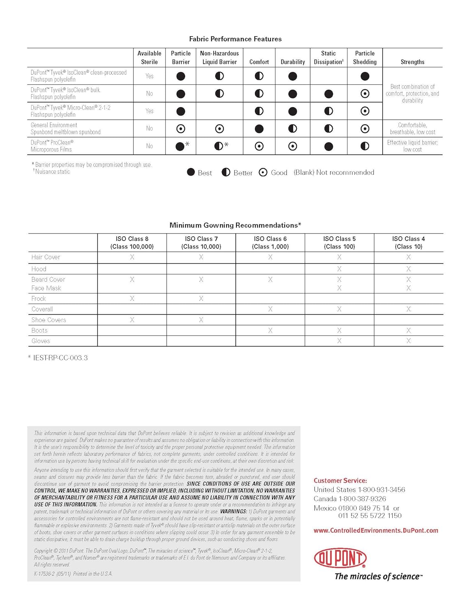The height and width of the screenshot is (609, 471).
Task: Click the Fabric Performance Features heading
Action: (x=235, y=39)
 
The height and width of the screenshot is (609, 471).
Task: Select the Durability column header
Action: (x=293, y=62)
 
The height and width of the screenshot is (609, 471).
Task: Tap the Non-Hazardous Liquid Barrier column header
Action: (x=219, y=58)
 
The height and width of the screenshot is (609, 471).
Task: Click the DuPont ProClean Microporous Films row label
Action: (x=52, y=146)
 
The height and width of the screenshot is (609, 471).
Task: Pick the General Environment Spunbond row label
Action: (x=65, y=129)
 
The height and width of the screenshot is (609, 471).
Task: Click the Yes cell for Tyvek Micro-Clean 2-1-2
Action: (x=150, y=111)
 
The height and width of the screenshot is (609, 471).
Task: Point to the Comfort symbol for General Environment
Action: (x=259, y=129)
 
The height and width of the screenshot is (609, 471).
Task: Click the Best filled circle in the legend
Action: (x=191, y=172)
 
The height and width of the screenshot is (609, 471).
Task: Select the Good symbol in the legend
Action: (x=263, y=173)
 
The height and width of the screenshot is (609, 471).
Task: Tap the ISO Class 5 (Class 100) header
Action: (x=339, y=243)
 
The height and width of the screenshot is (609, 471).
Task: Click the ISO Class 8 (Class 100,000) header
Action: (x=132, y=243)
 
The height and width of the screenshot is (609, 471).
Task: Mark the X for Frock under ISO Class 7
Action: (x=201, y=298)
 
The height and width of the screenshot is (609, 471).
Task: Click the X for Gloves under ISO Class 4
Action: (x=408, y=341)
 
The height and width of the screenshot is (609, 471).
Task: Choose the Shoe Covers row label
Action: (x=49, y=320)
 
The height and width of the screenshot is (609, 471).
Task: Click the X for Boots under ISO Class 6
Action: (x=270, y=330)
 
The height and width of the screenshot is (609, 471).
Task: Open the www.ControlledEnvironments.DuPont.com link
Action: (x=376, y=530)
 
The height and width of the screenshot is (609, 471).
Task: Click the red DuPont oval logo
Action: (x=340, y=558)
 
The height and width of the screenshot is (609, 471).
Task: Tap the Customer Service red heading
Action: (x=340, y=481)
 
